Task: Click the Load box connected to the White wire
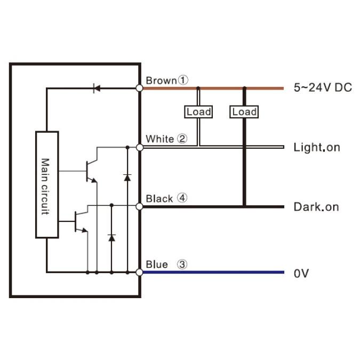click(x=198, y=111)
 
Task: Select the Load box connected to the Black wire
click(x=244, y=111)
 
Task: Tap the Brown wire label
click(x=161, y=81)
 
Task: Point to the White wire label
click(x=159, y=139)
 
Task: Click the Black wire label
click(x=159, y=198)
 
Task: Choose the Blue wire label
click(x=157, y=265)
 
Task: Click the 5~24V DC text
click(x=323, y=87)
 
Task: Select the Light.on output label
click(x=317, y=147)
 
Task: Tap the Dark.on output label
click(x=316, y=206)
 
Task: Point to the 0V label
click(x=301, y=274)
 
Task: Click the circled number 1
click(x=183, y=81)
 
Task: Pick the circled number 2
click(x=182, y=139)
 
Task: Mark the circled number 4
click(x=182, y=198)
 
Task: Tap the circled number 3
click(x=182, y=265)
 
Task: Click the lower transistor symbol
click(x=80, y=221)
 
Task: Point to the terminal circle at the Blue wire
click(x=140, y=273)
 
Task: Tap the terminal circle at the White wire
click(x=140, y=147)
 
